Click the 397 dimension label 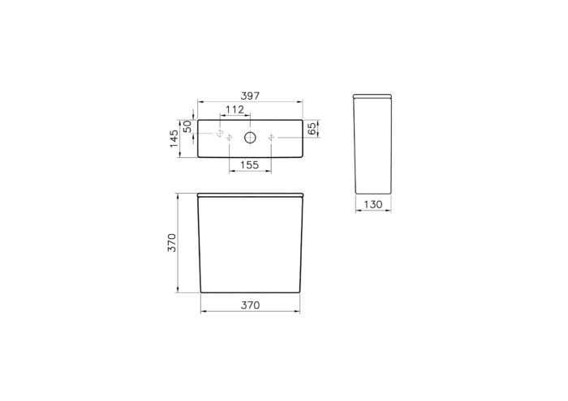pos(250,96)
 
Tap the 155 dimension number pos(249,164)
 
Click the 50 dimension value pos(187,126)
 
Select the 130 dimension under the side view pos(372,205)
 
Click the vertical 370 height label pos(172,242)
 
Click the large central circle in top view pos(250,137)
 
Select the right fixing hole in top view pos(271,137)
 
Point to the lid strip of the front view pos(250,196)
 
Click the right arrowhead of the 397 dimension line pos(302,103)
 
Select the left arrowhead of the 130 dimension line pos(357,212)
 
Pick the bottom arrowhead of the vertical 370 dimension pos(179,289)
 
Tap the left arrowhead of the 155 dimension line pos(230,172)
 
